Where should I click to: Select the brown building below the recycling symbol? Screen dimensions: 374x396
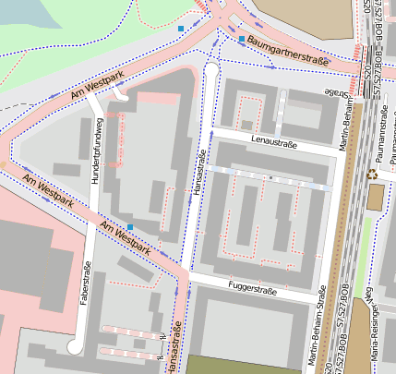point(376,197)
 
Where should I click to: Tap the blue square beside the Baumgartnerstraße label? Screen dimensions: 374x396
point(242,41)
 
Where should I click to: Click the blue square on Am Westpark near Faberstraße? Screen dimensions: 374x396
point(130,226)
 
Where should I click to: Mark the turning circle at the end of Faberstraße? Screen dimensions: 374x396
point(74,346)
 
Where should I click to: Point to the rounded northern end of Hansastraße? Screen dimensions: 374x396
point(210,70)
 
